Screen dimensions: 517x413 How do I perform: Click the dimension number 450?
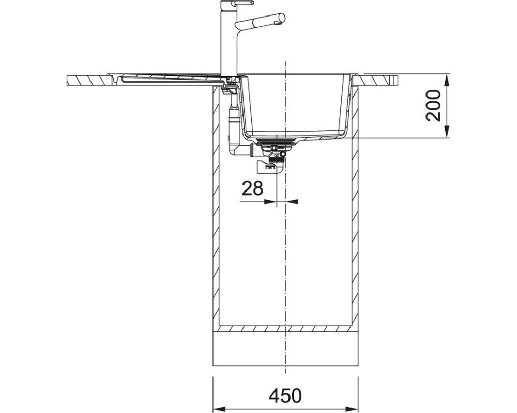tap(285, 395)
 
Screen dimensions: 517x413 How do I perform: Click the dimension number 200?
tap(433, 105)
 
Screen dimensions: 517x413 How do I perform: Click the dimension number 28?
tap(253, 188)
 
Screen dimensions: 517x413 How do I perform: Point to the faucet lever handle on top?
tap(243, 3)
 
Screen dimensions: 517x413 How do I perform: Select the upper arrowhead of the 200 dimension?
tap(447, 81)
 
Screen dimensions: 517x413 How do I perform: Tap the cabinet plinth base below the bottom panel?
tap(285, 349)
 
